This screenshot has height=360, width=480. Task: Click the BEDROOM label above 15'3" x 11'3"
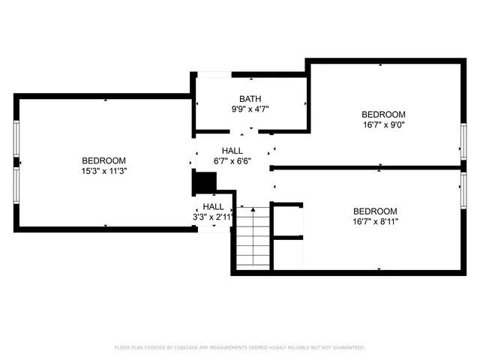[x=103, y=160]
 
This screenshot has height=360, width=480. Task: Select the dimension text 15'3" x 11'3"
[x=103, y=170]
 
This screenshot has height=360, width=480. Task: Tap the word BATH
[x=250, y=99]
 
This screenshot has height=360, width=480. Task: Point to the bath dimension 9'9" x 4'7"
[x=250, y=109]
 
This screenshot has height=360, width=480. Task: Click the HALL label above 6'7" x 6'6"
[x=232, y=151]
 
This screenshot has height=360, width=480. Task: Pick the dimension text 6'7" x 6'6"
[x=232, y=160]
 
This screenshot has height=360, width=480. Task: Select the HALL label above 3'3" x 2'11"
[x=213, y=206]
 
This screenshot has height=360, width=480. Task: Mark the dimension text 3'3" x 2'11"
[x=213, y=217]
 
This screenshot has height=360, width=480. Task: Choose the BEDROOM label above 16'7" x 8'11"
[x=375, y=211]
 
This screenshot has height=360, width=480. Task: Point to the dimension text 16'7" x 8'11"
[x=375, y=221]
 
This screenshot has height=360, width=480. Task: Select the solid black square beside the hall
[x=204, y=182]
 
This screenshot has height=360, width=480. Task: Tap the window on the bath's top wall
[x=214, y=74]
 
